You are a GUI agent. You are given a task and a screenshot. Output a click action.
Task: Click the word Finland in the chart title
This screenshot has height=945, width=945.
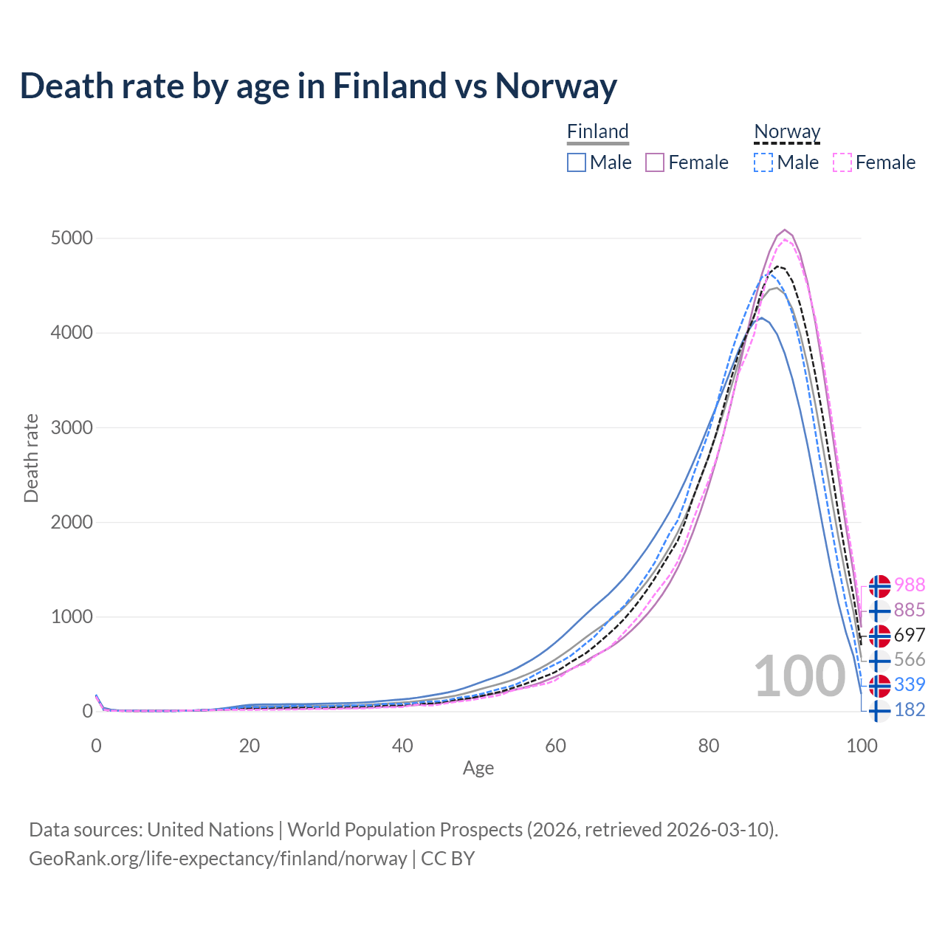390,86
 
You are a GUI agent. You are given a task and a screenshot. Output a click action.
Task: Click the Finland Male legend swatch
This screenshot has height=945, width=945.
577,162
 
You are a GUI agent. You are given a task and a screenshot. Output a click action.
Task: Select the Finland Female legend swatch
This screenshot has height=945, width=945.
655,162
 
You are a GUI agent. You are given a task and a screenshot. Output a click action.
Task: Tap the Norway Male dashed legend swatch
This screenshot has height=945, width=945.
763,162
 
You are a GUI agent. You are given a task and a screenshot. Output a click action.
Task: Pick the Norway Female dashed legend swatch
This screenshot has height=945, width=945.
842,162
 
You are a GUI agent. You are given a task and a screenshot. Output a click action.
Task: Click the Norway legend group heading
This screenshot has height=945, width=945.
787,131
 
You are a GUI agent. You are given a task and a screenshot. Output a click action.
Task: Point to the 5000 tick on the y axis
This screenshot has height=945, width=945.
72,238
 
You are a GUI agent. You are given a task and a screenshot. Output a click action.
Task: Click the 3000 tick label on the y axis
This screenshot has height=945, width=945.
72,427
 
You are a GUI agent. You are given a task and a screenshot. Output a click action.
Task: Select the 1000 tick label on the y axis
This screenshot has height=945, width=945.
72,616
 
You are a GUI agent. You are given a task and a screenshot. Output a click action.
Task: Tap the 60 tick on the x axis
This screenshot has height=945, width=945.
556,746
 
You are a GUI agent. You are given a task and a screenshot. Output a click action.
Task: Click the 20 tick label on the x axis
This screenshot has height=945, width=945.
250,746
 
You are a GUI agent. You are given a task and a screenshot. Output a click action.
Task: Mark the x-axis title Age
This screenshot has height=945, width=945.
478,769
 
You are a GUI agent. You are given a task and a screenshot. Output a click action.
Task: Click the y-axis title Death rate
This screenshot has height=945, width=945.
31,458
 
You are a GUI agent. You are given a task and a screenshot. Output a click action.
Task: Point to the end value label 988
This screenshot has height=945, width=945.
910,585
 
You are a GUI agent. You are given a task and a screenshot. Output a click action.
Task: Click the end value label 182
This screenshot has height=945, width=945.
910,709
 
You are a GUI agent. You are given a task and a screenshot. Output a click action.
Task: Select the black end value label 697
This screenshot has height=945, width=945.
910,635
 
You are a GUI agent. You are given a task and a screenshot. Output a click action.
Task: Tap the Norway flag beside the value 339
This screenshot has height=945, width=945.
879,685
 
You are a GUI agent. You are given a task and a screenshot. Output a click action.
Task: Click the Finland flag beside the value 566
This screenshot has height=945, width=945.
879,660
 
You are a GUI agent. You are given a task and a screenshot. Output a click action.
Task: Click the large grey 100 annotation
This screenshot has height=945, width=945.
800,676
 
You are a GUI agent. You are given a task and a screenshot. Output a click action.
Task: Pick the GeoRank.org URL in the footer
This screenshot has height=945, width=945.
218,859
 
